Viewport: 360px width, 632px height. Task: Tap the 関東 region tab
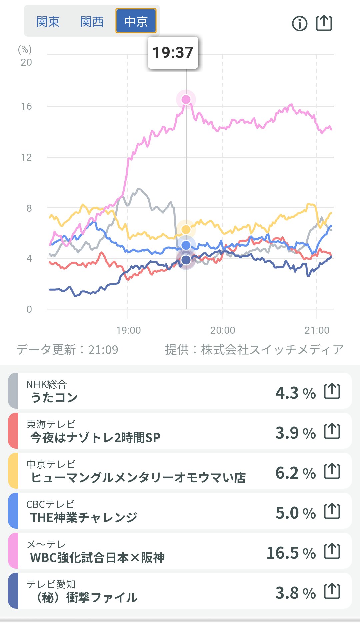[x=48, y=22]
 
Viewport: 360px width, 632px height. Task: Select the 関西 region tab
[x=92, y=22]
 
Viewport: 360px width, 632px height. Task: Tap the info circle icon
[x=299, y=24]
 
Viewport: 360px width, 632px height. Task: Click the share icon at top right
[x=324, y=23]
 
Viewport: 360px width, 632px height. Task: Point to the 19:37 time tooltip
[x=173, y=53]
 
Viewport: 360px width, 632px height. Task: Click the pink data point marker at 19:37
[x=186, y=99]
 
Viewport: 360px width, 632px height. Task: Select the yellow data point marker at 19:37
[x=186, y=229]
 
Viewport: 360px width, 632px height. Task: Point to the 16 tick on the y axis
[x=26, y=106]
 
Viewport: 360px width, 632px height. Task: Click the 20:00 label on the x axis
[x=222, y=330]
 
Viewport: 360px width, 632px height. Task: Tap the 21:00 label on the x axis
[x=317, y=330]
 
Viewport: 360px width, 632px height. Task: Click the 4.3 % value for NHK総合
[x=295, y=393]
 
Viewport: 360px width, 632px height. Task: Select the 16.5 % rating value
[x=291, y=553]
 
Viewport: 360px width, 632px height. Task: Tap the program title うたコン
[x=54, y=397]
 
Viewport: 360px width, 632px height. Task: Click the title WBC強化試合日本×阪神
[x=97, y=557]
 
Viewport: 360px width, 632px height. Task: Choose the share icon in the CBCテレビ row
[x=332, y=511]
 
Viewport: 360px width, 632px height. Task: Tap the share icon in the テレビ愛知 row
[x=332, y=591]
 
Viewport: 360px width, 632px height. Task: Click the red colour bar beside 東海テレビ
[x=13, y=431]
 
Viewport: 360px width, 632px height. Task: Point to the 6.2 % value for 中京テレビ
[x=295, y=473]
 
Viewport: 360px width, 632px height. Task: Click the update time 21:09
[x=103, y=350]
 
